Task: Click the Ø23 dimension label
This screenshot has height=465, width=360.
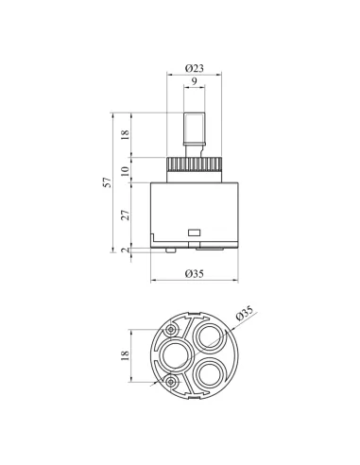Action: point(195,68)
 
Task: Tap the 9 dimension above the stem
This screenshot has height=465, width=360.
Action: point(195,81)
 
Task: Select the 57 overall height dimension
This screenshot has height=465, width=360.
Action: point(108,182)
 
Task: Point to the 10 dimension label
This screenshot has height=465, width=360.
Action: point(126,171)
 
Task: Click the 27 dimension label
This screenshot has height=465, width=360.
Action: point(126,215)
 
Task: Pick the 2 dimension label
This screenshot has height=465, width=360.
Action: point(126,250)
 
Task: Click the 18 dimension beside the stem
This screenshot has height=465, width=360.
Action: point(126,134)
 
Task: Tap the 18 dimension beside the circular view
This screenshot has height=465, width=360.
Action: point(126,355)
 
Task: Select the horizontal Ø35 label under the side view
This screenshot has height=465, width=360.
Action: point(195,274)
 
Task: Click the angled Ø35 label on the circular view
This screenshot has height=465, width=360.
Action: point(245,313)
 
